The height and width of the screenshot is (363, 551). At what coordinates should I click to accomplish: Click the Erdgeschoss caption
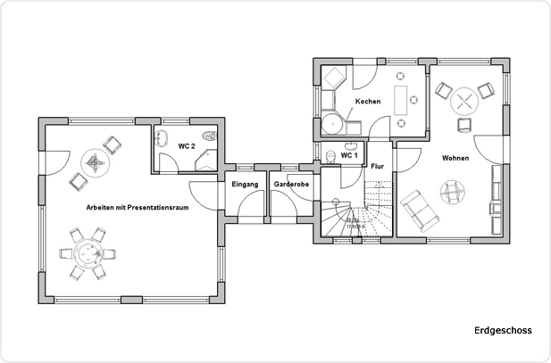[503, 331]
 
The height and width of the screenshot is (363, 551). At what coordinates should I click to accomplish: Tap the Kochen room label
[368, 102]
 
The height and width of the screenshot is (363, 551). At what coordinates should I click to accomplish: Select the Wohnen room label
[455, 158]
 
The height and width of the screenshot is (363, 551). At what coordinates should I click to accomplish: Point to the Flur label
[377, 166]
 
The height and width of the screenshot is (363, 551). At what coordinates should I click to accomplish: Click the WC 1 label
[349, 155]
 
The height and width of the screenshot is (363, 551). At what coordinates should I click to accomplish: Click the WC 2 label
[187, 145]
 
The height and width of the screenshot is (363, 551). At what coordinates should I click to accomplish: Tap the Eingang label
[245, 184]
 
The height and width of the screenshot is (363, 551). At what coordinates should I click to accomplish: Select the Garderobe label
[291, 184]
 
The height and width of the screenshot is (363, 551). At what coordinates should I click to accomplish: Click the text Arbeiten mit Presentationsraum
[138, 206]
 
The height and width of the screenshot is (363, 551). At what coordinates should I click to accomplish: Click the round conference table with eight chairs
[88, 254]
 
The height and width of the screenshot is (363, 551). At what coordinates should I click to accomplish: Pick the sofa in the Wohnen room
[416, 210]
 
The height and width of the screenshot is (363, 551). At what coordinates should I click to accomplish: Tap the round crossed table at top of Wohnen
[464, 97]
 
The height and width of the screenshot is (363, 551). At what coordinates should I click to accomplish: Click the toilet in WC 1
[331, 158]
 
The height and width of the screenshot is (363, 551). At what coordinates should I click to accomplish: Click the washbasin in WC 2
[163, 138]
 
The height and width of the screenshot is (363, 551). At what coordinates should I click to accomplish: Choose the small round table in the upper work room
[95, 162]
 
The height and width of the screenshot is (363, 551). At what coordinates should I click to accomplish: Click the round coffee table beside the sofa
[452, 189]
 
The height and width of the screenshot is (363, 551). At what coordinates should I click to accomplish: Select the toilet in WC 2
[209, 136]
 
